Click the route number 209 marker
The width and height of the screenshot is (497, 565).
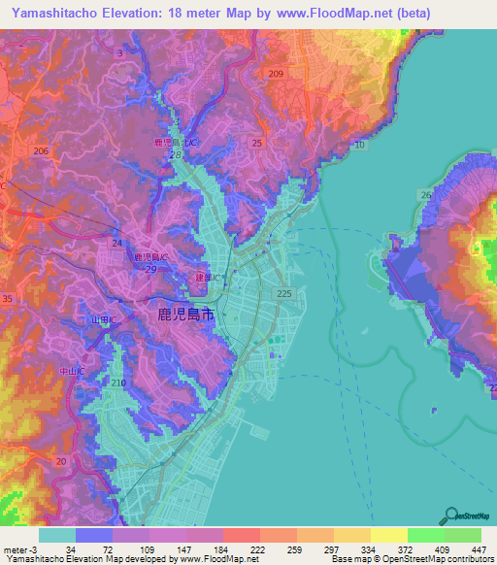[x=276, y=75]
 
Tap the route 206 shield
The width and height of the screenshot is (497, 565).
[x=41, y=150]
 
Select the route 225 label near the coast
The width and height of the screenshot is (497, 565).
[x=284, y=293]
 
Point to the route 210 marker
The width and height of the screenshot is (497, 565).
[x=118, y=384]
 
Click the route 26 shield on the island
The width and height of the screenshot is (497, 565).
[x=425, y=195]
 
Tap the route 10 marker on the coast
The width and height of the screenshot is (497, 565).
[x=359, y=145]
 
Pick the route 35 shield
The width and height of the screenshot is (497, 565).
[x=8, y=301]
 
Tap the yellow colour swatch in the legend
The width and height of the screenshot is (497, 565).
[x=388, y=535]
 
